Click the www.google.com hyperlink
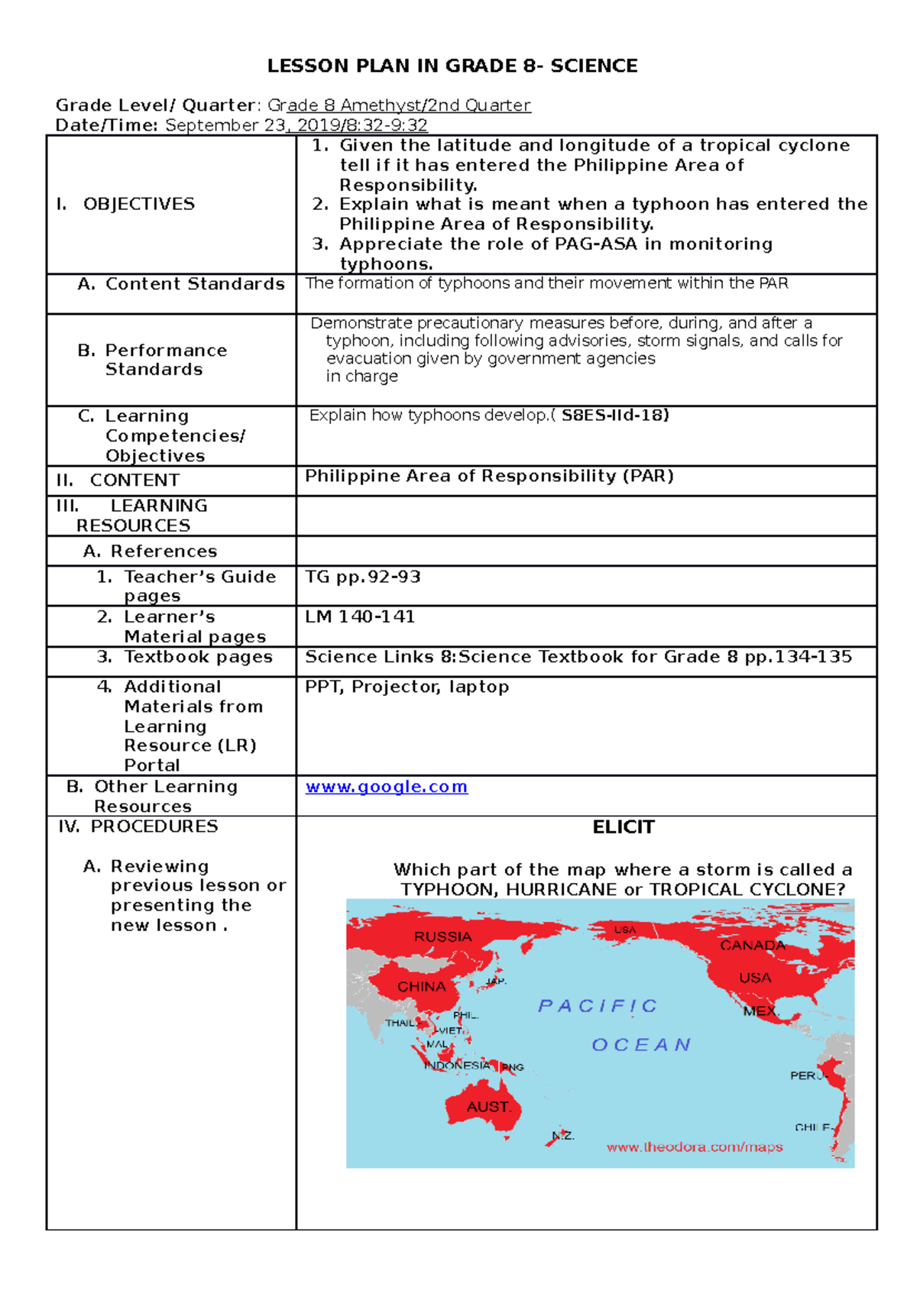coord(386,787)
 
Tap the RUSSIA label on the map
coord(442,936)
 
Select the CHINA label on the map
coord(421,986)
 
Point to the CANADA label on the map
coord(753,945)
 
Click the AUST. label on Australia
coord(488,1106)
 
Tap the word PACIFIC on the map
coord(598,1006)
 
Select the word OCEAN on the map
coord(641,1045)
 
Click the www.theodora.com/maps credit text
coord(694,1147)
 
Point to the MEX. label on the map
coord(760,1011)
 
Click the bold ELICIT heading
coord(623,827)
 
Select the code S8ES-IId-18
coord(614,416)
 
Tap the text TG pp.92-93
coord(363,577)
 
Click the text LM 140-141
coord(360,616)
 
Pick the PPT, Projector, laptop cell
coord(407,687)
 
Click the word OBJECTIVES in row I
coord(138,204)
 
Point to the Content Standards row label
coord(194,284)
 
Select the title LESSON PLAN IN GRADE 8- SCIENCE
coord(452,66)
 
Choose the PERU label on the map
coord(807,1075)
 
